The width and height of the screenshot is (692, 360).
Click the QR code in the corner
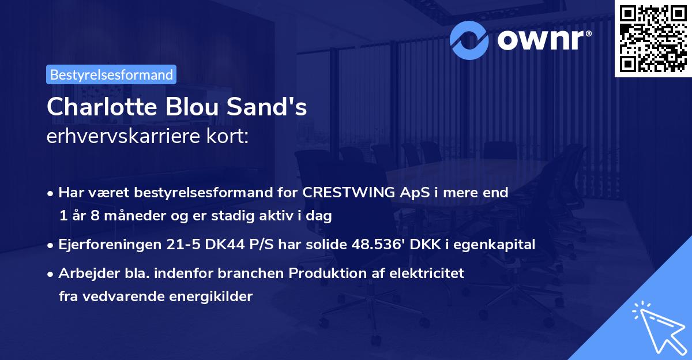652,39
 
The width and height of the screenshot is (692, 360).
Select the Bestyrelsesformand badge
111,74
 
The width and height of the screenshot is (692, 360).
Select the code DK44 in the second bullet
212,245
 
